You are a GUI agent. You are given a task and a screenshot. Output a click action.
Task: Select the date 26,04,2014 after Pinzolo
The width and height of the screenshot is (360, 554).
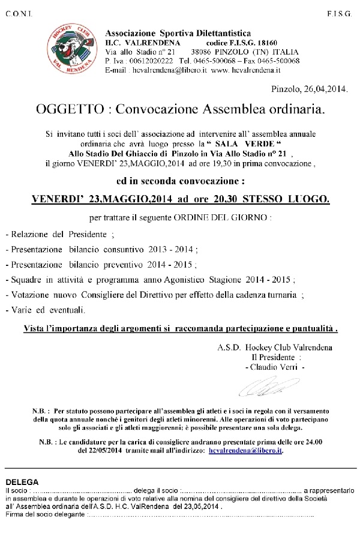[323, 89]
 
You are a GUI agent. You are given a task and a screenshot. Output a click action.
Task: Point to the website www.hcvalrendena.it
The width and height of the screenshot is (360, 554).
[248, 70]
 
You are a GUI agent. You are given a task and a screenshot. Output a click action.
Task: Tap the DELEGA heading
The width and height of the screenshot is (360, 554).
[22, 482]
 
